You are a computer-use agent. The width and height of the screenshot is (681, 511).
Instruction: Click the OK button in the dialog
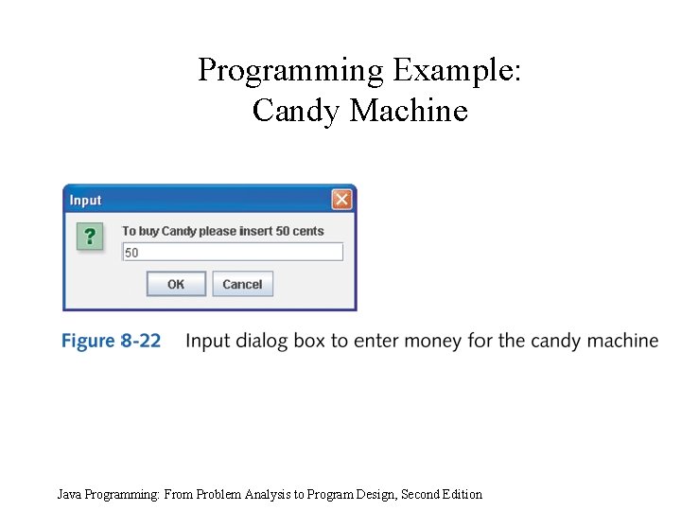[176, 284]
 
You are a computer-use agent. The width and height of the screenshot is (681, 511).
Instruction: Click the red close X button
[341, 200]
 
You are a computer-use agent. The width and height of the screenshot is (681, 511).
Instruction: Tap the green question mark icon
[89, 236]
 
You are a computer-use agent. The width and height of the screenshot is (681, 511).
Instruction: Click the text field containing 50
[233, 253]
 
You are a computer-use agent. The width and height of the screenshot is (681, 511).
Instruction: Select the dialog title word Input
[85, 201]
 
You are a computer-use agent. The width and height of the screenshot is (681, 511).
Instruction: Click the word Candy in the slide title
[297, 111]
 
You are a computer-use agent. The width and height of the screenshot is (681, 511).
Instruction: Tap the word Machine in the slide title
[409, 111]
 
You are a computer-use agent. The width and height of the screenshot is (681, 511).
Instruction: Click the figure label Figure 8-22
[112, 341]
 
